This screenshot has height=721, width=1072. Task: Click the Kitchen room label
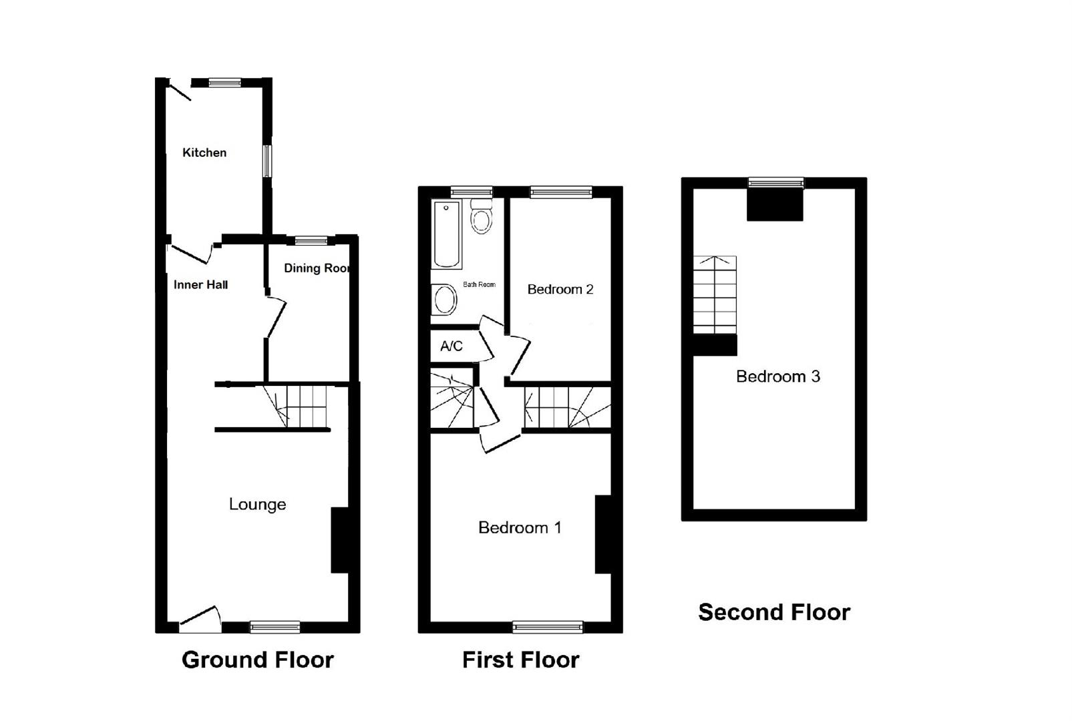tap(204, 153)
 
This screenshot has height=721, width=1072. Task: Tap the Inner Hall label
tap(200, 285)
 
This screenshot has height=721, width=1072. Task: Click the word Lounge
tap(257, 505)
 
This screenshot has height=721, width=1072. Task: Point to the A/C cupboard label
tap(452, 346)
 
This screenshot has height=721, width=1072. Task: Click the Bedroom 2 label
tap(560, 290)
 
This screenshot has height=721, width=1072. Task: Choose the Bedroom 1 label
tap(520, 528)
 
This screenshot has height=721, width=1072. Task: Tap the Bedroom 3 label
tap(777, 377)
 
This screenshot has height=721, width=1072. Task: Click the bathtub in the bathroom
tap(447, 234)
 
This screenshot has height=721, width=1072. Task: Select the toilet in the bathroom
tap(481, 216)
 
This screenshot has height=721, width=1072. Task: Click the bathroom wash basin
tap(444, 300)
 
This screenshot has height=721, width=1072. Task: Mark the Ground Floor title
tap(257, 660)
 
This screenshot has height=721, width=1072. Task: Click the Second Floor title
tap(773, 612)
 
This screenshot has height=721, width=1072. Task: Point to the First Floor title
tap(520, 660)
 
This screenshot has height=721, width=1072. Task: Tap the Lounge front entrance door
tap(200, 621)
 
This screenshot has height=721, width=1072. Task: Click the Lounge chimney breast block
tap(340, 540)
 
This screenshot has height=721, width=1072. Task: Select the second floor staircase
tap(714, 294)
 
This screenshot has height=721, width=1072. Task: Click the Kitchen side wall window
tap(266, 161)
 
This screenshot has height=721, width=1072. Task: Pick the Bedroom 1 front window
tap(547, 627)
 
